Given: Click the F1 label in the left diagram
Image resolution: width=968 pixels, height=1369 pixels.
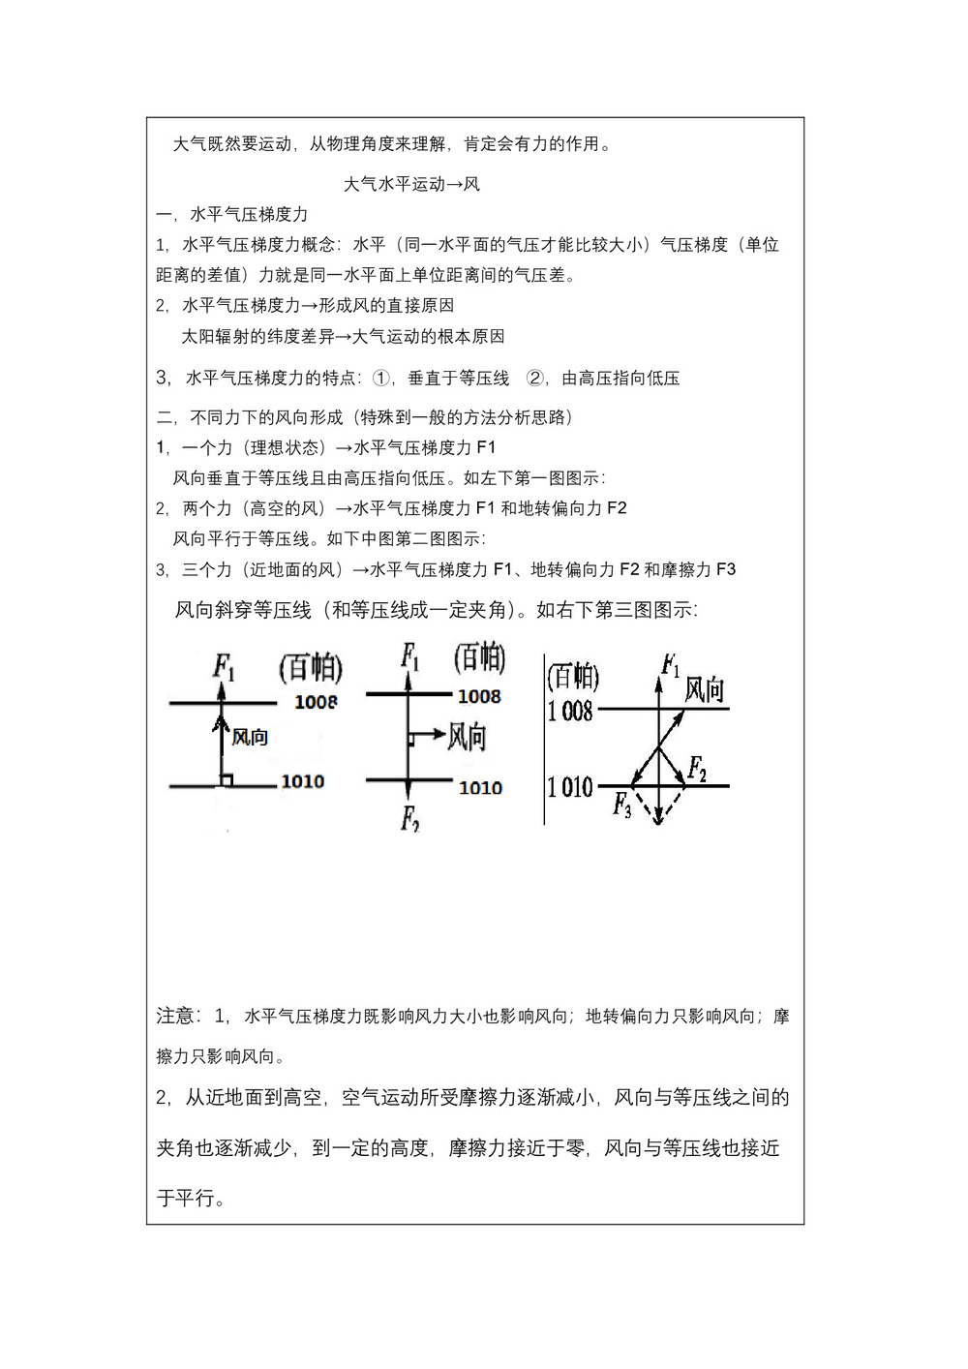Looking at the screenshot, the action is (x=224, y=666).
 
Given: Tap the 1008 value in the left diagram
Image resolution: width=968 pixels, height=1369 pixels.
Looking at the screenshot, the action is (x=316, y=702).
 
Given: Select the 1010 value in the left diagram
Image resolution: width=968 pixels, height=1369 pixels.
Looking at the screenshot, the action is (x=302, y=781).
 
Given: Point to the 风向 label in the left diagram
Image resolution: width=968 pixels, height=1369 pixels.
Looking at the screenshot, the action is (x=250, y=738).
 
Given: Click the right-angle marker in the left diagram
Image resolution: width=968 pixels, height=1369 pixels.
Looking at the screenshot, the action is (x=227, y=780).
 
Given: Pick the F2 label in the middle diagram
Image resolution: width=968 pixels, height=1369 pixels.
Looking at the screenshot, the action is (x=409, y=819).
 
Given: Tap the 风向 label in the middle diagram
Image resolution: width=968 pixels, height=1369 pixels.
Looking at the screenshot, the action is (x=467, y=737).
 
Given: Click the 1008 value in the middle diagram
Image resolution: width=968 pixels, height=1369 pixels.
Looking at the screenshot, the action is (x=479, y=696).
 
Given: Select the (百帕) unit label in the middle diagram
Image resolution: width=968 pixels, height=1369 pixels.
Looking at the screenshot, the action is (x=479, y=658).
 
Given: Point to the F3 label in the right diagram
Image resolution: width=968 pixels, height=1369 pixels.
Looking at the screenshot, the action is (x=621, y=804).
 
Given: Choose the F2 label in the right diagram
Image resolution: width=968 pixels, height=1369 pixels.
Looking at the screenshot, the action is (x=697, y=769).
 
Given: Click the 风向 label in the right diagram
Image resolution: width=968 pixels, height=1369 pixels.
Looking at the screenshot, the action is (x=704, y=689).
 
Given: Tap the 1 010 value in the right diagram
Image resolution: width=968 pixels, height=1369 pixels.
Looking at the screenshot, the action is (x=570, y=786).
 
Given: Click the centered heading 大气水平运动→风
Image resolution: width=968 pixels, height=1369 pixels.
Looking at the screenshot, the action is (x=411, y=184).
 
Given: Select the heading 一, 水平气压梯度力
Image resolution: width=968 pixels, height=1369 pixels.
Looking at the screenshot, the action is (x=232, y=214).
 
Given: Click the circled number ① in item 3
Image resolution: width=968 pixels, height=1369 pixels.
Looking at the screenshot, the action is (x=381, y=378).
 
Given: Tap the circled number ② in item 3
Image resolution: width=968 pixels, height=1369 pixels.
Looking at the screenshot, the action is (x=534, y=378).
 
